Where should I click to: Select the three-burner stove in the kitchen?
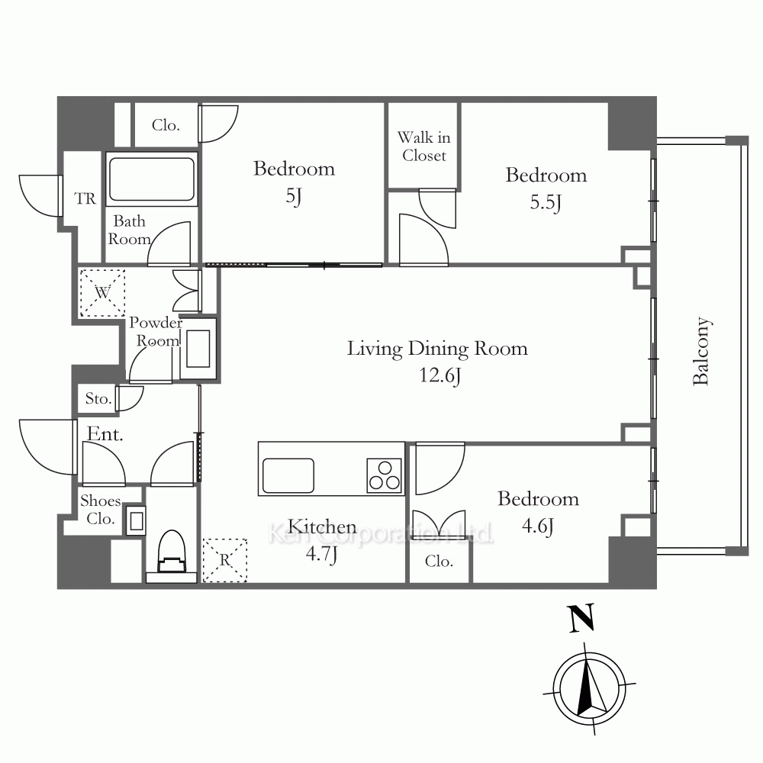(385, 476)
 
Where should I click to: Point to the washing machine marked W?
(102, 293)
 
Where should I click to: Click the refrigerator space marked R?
(225, 560)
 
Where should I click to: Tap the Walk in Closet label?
(423, 146)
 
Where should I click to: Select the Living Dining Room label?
(437, 349)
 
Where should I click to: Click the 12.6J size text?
(440, 375)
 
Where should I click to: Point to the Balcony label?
(701, 351)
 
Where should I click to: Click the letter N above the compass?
(581, 619)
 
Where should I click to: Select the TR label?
(85, 198)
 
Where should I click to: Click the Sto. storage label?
(98, 399)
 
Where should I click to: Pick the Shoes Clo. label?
(100, 510)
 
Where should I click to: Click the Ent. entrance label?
(105, 433)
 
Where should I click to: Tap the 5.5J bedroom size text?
(546, 202)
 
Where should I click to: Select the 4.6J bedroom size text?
(538, 526)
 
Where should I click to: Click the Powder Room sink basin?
(198, 349)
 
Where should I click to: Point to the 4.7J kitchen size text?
(321, 554)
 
